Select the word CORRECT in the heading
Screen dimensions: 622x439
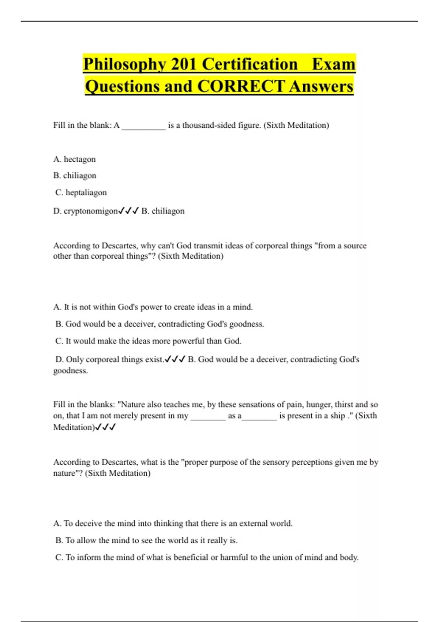241,87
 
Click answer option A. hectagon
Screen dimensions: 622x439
74,160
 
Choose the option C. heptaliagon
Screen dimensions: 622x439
81,192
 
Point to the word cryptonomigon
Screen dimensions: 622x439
91,211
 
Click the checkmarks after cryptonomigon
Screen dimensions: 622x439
128,211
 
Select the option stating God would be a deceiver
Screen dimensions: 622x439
160,324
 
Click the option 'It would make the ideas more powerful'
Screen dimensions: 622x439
148,341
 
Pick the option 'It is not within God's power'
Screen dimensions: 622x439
153,307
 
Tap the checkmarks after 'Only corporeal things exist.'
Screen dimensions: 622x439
175,359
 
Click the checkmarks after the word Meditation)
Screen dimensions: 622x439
105,427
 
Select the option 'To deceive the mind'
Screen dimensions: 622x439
173,524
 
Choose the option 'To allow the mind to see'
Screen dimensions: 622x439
146,540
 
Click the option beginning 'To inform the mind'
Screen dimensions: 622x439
207,558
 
